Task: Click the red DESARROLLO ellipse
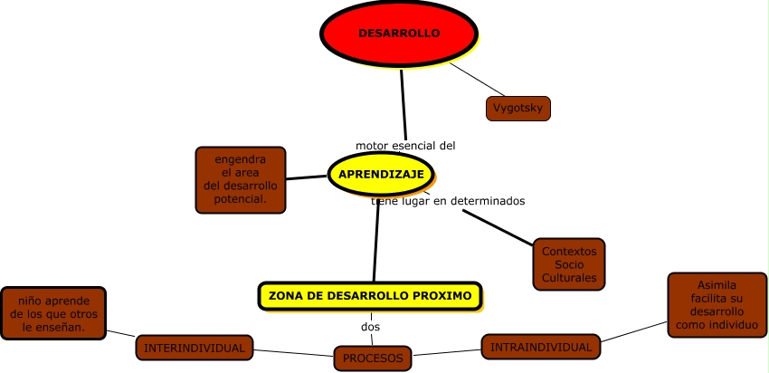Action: [x=398, y=33]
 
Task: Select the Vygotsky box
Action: [x=517, y=109]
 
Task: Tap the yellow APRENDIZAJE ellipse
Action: [x=381, y=174]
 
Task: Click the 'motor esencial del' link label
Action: [x=405, y=145]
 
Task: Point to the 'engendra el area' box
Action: [x=241, y=179]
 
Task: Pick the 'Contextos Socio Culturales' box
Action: [x=569, y=263]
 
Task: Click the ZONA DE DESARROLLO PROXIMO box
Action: [x=370, y=295]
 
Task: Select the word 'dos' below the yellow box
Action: [x=370, y=326]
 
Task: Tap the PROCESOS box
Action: [x=373, y=359]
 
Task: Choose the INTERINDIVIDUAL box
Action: [x=195, y=348]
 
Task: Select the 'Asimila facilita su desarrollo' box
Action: [x=717, y=304]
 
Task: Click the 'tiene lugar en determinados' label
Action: [x=449, y=201]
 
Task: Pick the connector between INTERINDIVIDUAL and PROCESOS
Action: [x=294, y=352]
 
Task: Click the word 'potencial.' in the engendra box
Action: [x=241, y=198]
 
